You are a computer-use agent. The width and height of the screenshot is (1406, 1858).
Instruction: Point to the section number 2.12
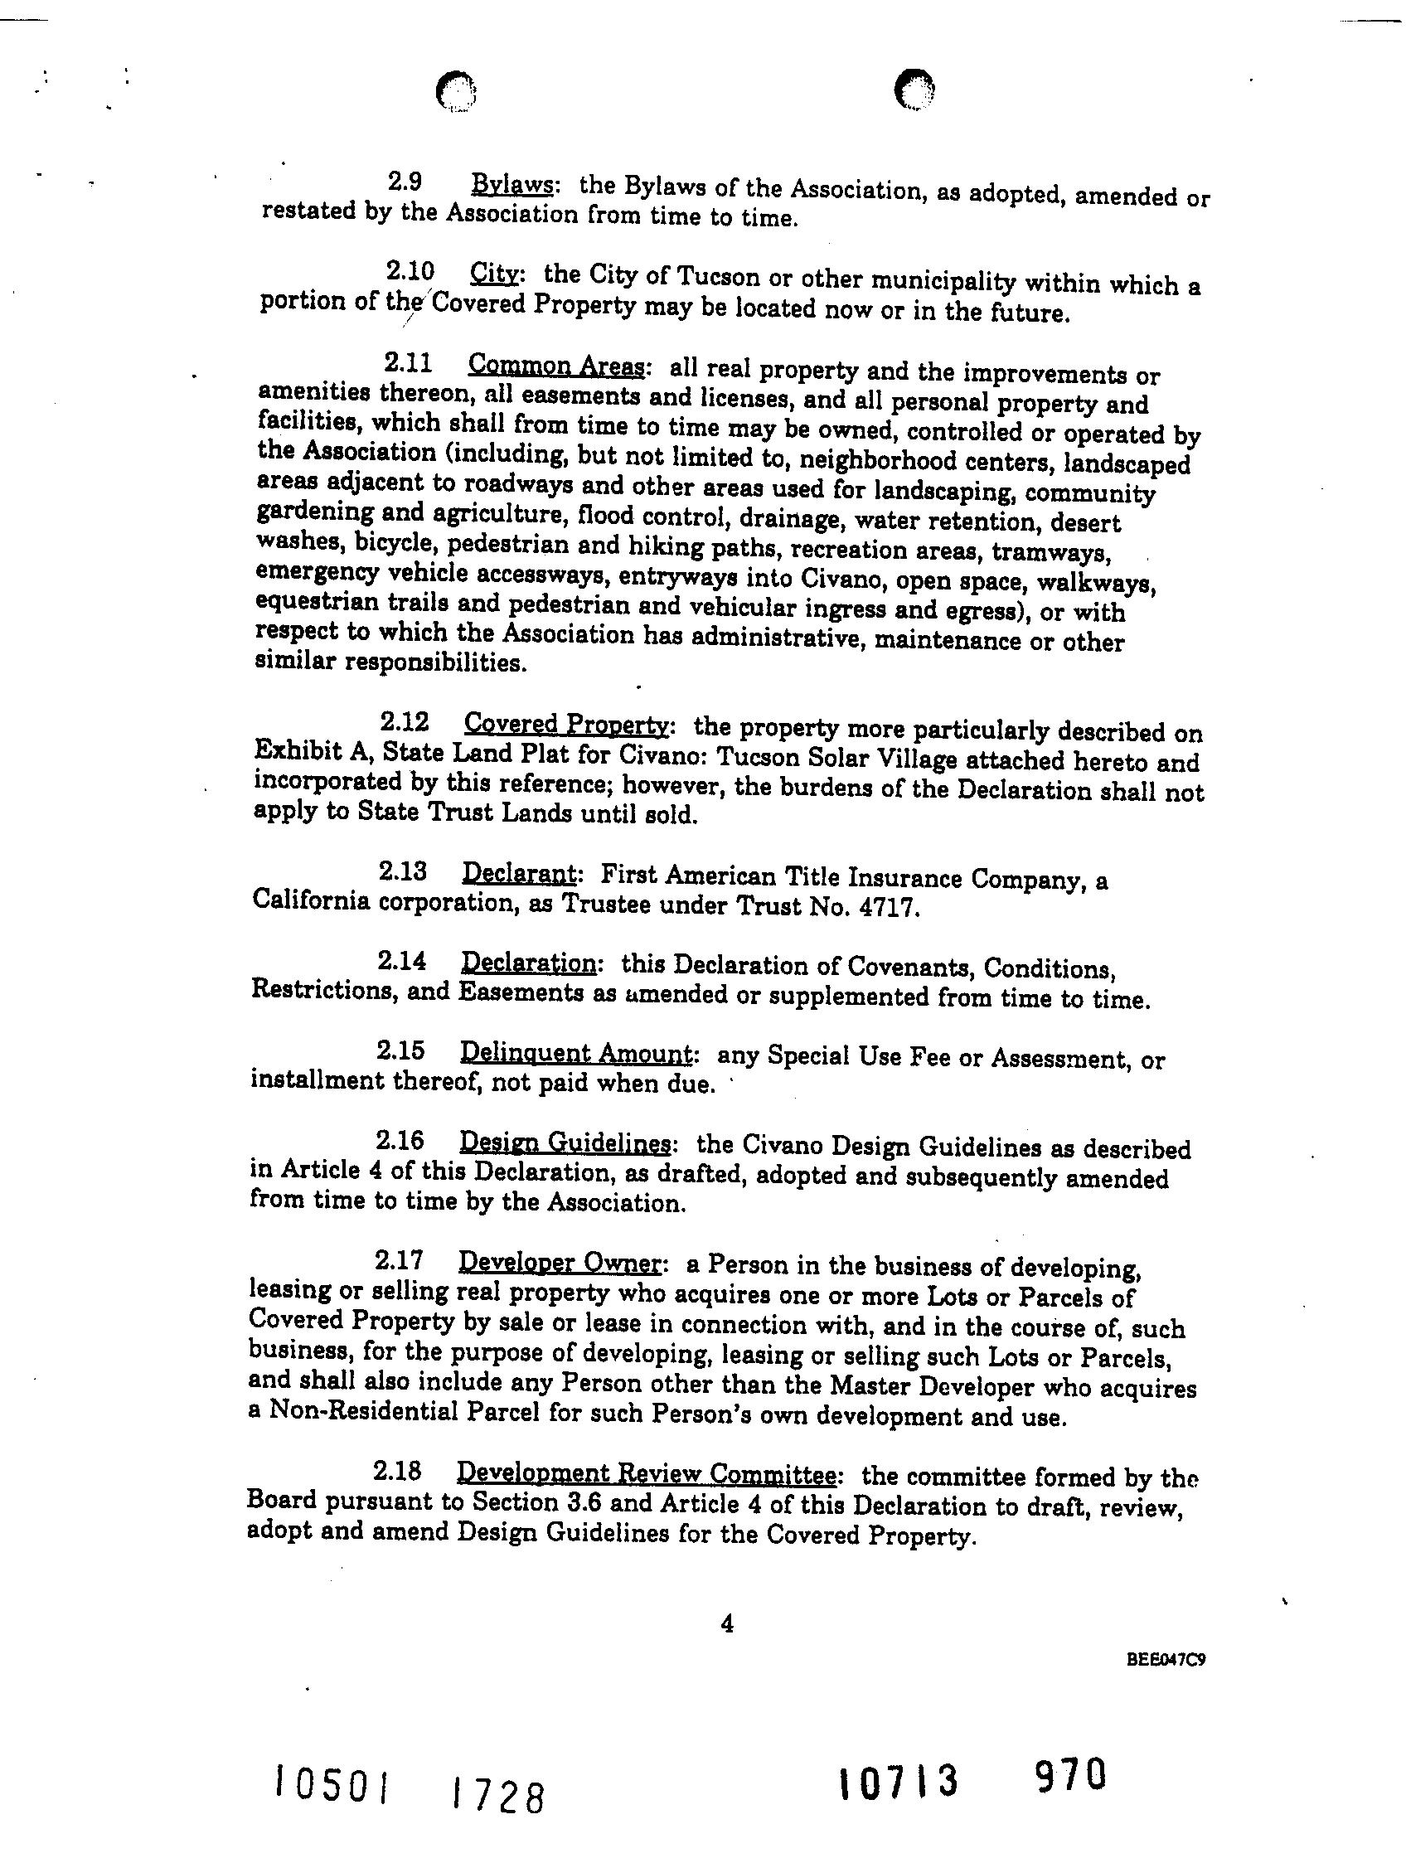404,721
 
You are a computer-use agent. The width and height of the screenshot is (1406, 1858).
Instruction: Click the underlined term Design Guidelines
565,1143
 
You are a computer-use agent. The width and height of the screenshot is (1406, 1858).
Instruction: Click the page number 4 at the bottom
726,1624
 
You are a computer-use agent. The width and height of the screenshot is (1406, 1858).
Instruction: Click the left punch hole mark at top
458,90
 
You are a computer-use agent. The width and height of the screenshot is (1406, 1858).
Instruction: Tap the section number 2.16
400,1141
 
